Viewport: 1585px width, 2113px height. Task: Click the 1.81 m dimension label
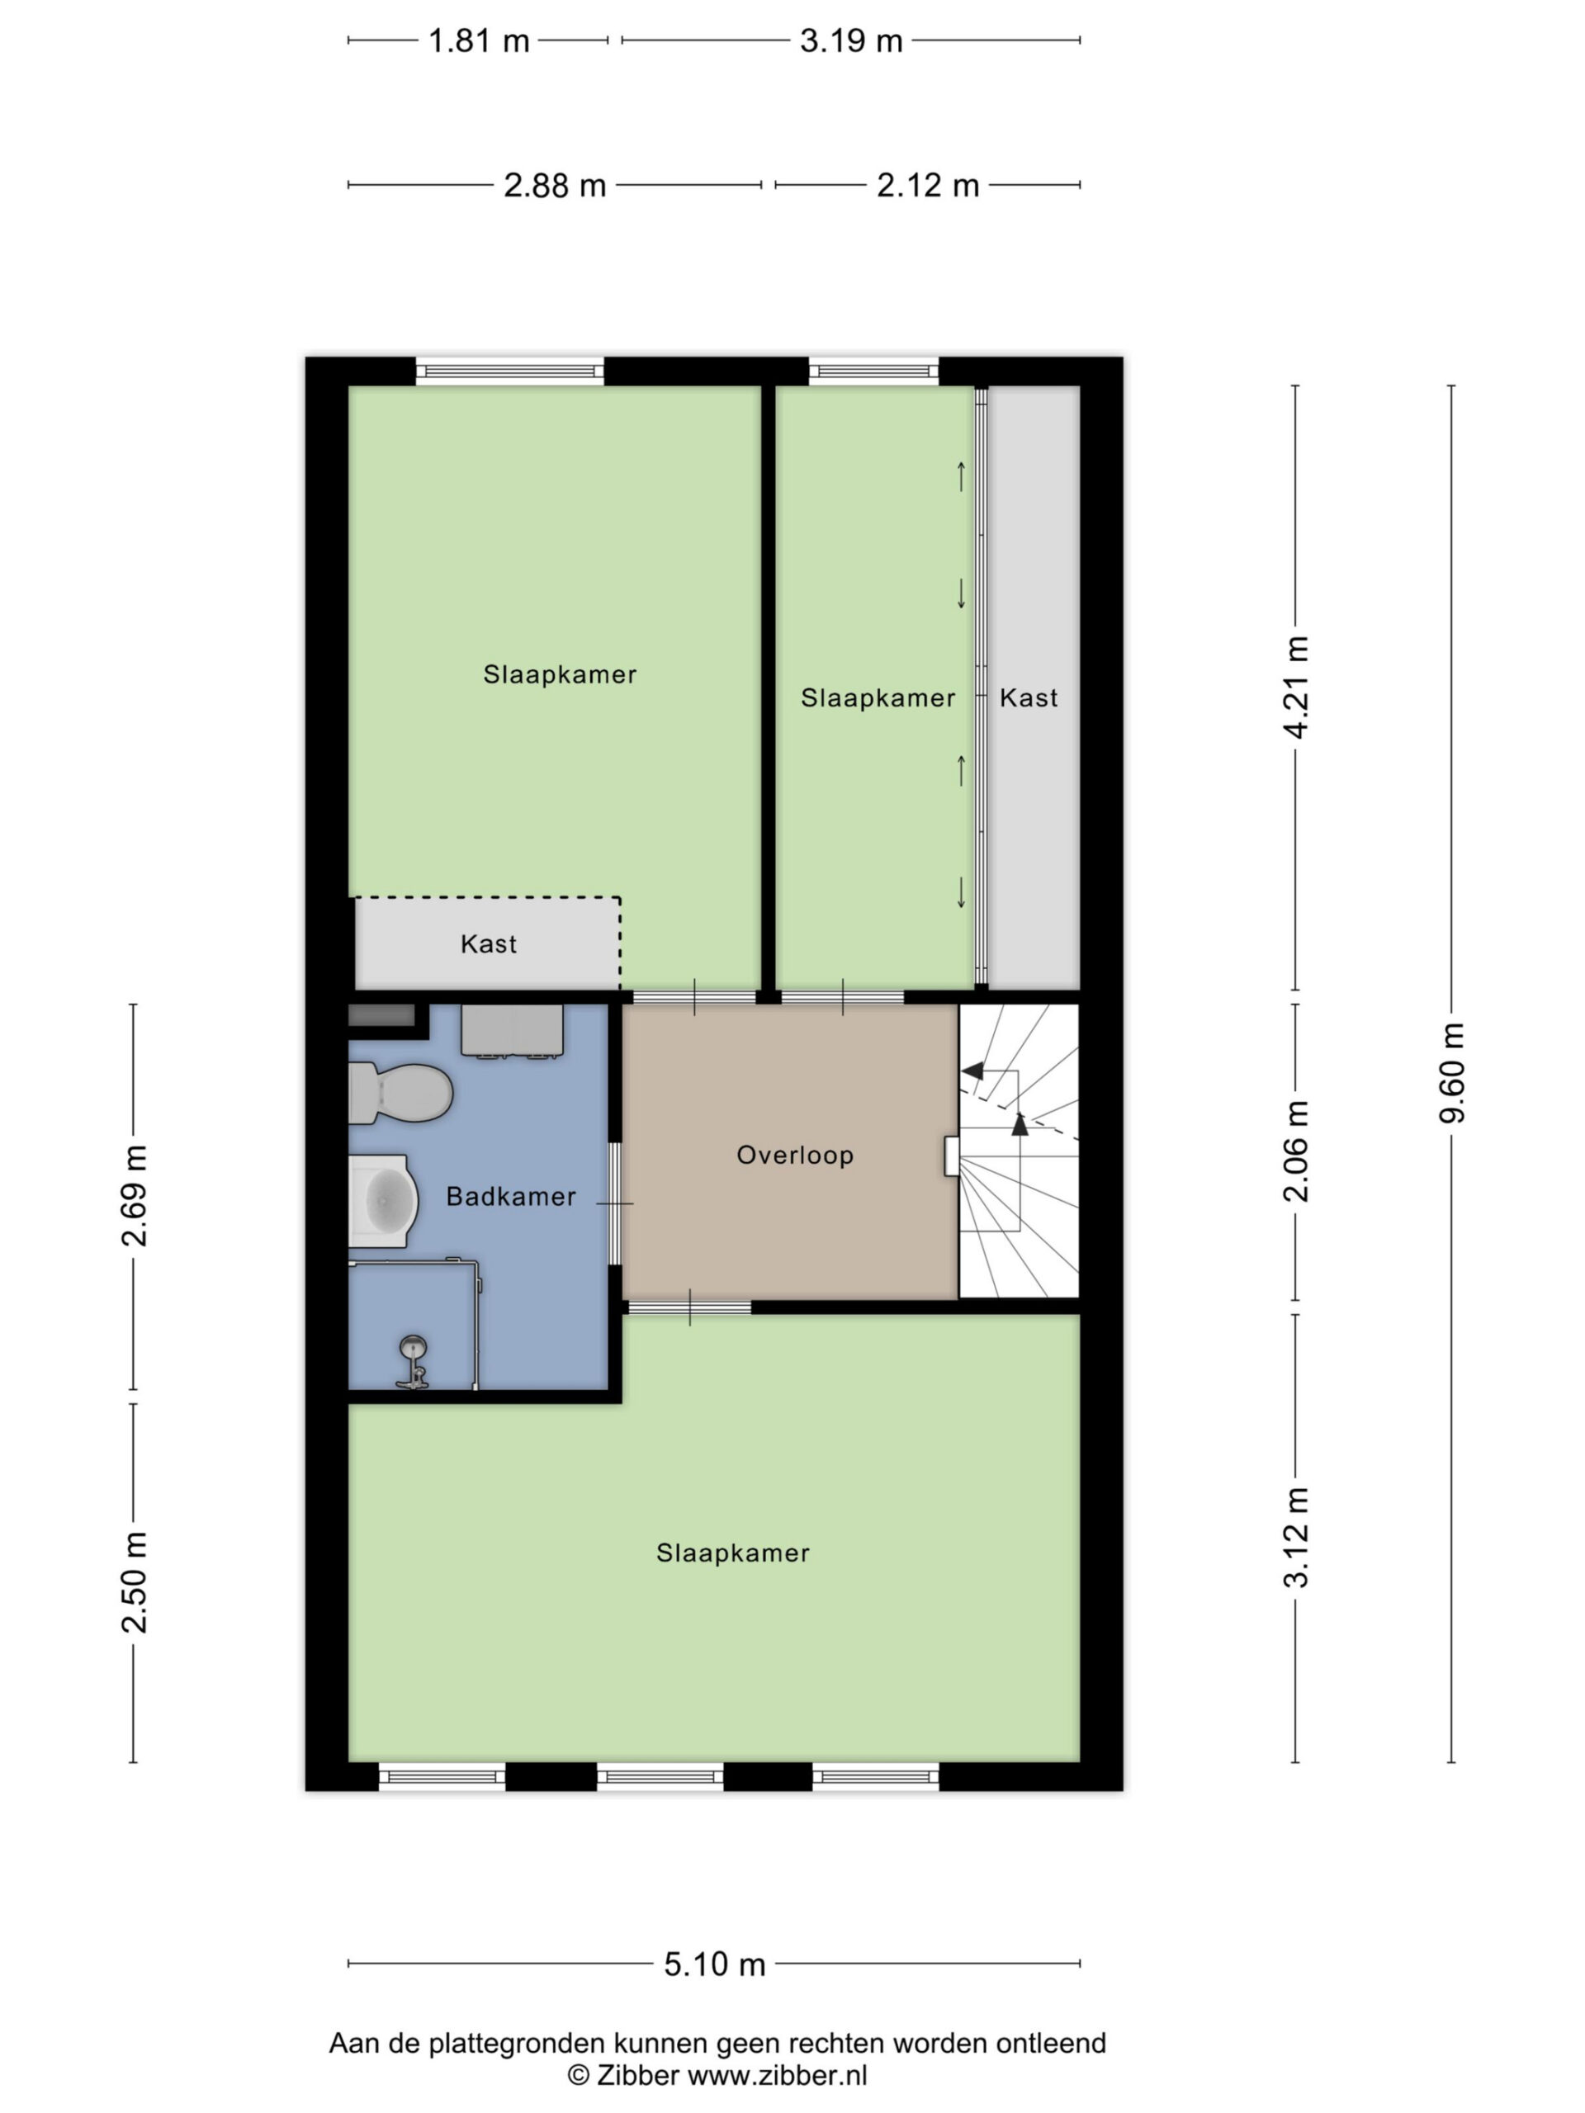[478, 41]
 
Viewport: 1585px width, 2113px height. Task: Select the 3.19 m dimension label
[850, 41]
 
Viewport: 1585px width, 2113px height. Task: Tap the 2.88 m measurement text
[554, 186]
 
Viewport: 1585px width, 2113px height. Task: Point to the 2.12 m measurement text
[928, 186]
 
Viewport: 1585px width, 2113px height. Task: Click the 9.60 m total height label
[1451, 1072]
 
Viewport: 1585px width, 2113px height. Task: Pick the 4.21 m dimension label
[1295, 687]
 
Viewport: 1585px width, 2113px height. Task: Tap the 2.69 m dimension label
[134, 1195]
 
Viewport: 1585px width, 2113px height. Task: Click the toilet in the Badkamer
[400, 1093]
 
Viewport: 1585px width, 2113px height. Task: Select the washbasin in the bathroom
[383, 1201]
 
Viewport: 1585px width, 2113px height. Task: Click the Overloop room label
[795, 1155]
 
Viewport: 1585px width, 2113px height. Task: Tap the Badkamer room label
[511, 1196]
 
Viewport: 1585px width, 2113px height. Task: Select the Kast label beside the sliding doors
[1028, 697]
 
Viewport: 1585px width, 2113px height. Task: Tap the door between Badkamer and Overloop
[615, 1203]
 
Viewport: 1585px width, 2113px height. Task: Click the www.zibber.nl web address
[777, 2075]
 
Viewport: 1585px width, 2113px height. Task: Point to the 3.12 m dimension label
[1295, 1538]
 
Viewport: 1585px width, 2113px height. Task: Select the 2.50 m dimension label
[134, 1582]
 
